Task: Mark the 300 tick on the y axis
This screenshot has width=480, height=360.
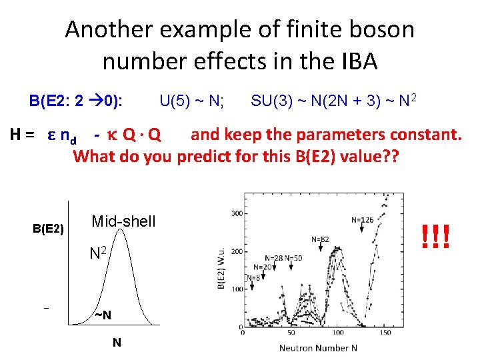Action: click(x=235, y=213)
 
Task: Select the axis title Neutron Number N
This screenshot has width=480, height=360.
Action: click(x=318, y=347)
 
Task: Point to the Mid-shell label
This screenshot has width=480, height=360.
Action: click(x=123, y=221)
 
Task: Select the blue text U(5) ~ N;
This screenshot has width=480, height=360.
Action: click(x=191, y=101)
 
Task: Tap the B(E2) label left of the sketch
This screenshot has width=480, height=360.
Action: click(x=48, y=229)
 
